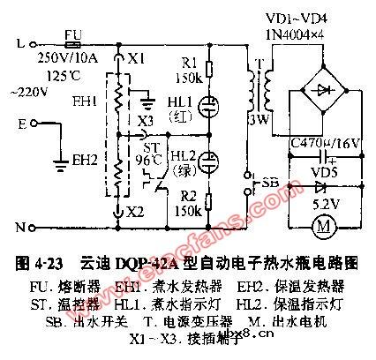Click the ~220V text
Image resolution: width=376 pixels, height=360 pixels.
(24, 91)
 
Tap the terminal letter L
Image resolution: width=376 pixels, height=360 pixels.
(20, 41)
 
